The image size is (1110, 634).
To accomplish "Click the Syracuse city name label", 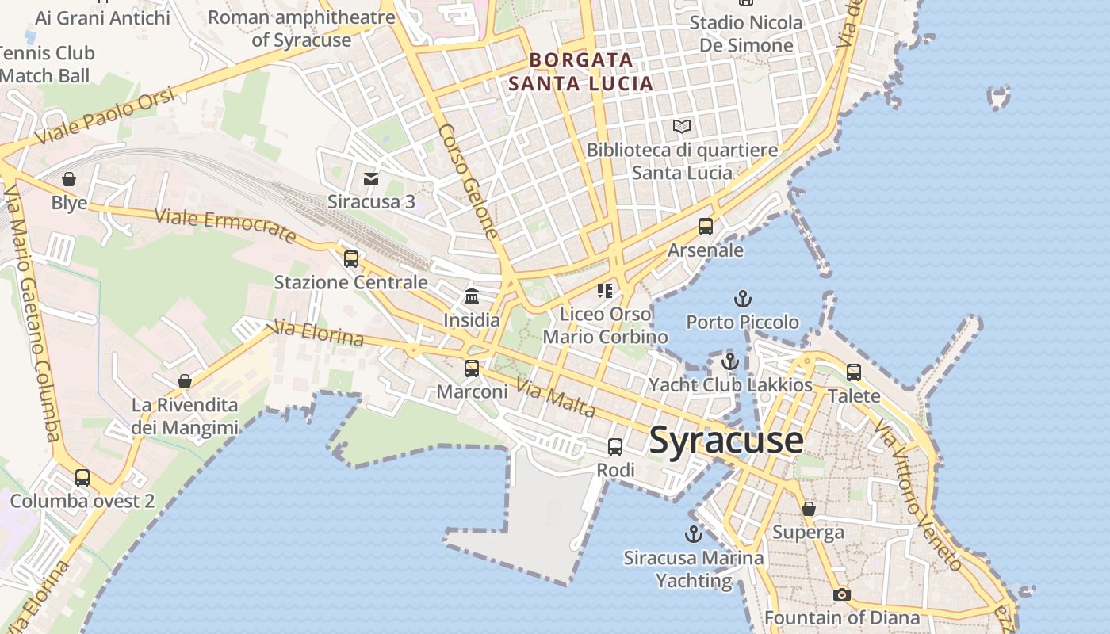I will [x=726, y=441].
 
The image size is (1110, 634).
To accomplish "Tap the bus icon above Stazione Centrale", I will [x=350, y=259].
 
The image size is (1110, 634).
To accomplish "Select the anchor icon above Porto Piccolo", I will [x=742, y=299].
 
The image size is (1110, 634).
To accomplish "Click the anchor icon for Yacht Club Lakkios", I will [x=729, y=362].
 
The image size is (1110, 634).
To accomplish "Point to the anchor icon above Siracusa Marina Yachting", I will [x=694, y=534].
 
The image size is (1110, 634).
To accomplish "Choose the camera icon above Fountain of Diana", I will [x=841, y=594].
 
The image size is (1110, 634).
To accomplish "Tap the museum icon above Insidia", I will [x=472, y=296].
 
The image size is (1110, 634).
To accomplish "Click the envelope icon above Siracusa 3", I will [x=370, y=178].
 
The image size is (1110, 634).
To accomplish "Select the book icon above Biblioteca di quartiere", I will [x=681, y=126].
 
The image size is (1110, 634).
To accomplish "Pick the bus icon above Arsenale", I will [x=706, y=227].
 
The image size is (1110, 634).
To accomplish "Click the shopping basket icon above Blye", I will [x=69, y=179].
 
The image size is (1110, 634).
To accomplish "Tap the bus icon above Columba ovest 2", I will [x=82, y=477].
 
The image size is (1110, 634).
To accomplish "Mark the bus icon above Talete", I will [x=854, y=372].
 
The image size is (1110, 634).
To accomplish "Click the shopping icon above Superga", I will [x=808, y=509].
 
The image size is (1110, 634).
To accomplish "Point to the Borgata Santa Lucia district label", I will [x=581, y=71].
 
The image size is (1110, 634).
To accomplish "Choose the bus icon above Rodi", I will [x=615, y=447].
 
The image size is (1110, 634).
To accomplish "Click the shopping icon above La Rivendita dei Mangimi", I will [x=185, y=381].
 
